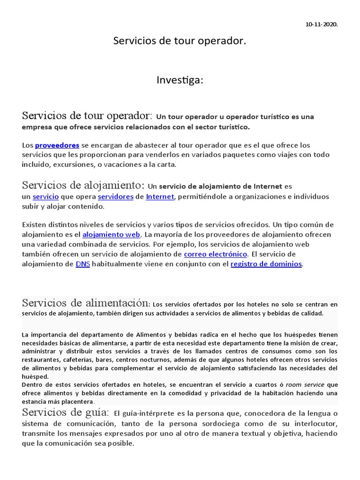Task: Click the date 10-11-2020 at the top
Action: click(321, 24)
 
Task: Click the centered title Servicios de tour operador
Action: click(180, 41)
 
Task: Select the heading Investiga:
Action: click(180, 81)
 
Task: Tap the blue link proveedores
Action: click(57, 145)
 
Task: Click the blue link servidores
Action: click(115, 197)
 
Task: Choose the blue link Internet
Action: click(160, 197)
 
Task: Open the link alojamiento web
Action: click(111, 234)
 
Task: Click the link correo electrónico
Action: click(215, 254)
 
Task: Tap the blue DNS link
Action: click(82, 264)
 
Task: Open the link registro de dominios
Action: click(266, 264)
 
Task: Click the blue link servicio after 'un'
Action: click(45, 197)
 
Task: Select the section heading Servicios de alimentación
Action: click(86, 303)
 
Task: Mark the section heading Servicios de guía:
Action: click(65, 412)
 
